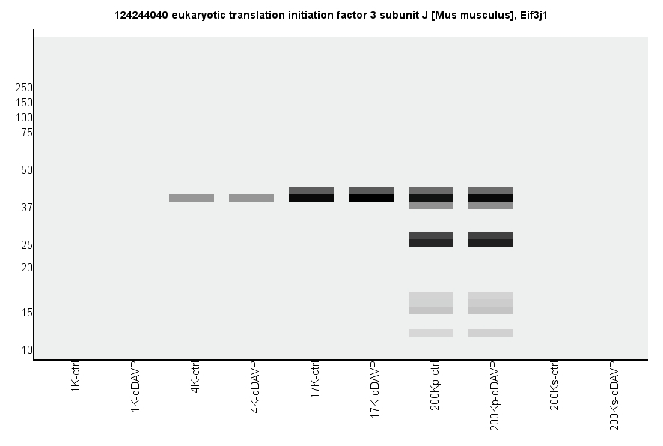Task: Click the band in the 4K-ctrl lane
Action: pyautogui.click(x=192, y=198)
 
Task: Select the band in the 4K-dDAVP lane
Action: pyautogui.click(x=251, y=198)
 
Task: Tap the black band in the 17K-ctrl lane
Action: pyautogui.click(x=311, y=198)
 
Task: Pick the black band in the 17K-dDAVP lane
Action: pyautogui.click(x=371, y=198)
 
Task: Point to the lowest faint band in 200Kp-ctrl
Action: pyautogui.click(x=431, y=333)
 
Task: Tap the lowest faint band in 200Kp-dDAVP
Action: pyautogui.click(x=491, y=333)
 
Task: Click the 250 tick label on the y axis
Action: pyautogui.click(x=24, y=88)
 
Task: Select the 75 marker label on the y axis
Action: pyautogui.click(x=27, y=133)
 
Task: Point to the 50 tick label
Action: pyautogui.click(x=27, y=170)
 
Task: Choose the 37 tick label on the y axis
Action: pyautogui.click(x=27, y=208)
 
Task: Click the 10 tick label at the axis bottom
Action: pyautogui.click(x=27, y=350)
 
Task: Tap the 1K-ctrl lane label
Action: pyautogui.click(x=76, y=379)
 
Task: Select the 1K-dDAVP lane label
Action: pyautogui.click(x=135, y=386)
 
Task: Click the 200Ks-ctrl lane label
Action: pyautogui.click(x=554, y=386)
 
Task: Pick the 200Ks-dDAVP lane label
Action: pyautogui.click(x=614, y=395)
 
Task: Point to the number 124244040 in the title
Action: pyautogui.click(x=141, y=15)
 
